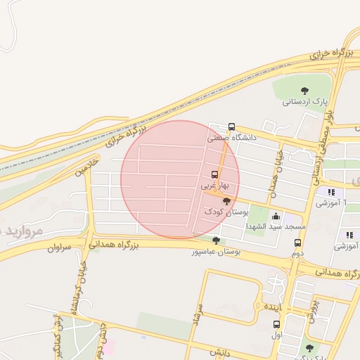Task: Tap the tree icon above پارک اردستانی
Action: click(x=304, y=90)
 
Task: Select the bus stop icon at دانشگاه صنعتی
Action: click(x=232, y=127)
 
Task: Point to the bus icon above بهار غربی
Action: click(x=214, y=174)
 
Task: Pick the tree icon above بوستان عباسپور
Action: click(x=216, y=240)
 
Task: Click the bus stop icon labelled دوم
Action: click(x=297, y=243)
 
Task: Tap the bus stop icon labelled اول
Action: click(x=276, y=325)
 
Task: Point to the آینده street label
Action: click(x=271, y=308)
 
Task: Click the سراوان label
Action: click(x=60, y=247)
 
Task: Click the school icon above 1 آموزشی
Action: click(x=330, y=192)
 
